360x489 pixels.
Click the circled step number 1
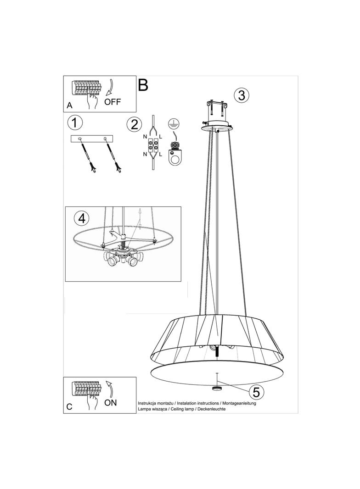coord(75,123)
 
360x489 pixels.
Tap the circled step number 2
coord(135,125)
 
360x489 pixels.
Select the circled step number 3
coord(242,95)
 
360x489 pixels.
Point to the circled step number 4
coord(82,218)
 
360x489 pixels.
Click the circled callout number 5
coord(256,392)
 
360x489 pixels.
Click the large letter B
coord(143,84)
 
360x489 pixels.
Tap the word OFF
coord(112,102)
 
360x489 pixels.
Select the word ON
coord(111,403)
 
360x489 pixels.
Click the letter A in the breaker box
coord(70,106)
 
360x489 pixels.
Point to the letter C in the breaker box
coord(69,407)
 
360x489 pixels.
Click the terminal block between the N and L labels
coord(153,145)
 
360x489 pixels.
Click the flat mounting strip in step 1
coord(92,139)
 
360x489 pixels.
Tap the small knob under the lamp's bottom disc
coord(216,388)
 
